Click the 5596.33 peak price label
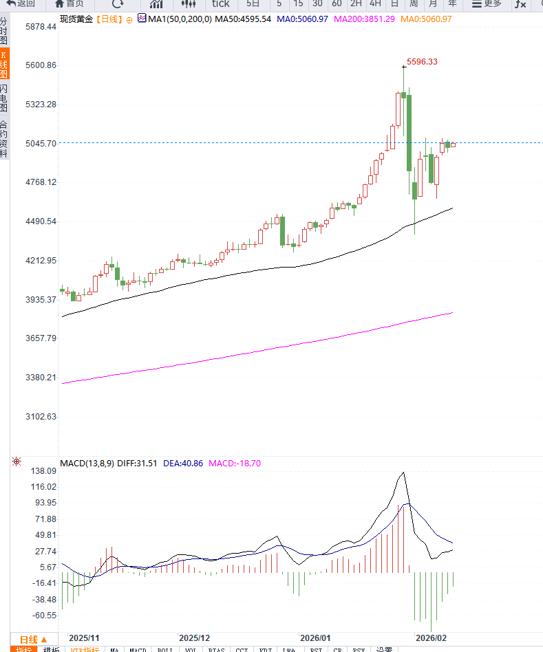coord(422,62)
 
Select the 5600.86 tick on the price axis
coord(30,65)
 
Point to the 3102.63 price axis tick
coord(30,417)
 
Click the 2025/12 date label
coord(193,638)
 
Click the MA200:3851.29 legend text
coord(364,19)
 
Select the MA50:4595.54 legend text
coord(243,19)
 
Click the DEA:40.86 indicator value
coord(183,464)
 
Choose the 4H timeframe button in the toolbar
coord(375,4)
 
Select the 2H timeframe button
coord(356,4)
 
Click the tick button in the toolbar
coord(220,4)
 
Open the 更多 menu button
coord(487,4)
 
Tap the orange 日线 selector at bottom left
coord(33,639)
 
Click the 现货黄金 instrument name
coord(76,19)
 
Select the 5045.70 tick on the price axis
coord(30,143)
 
